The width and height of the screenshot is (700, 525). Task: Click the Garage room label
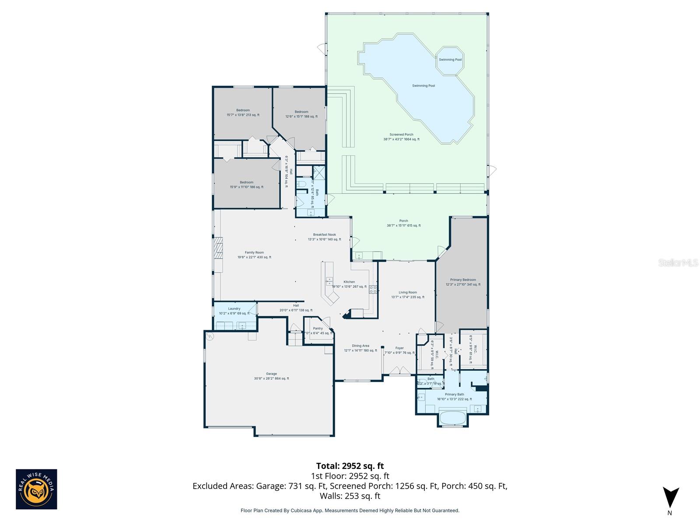(x=271, y=376)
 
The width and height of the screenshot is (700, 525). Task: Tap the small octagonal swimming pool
(x=450, y=60)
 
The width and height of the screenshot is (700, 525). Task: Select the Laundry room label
(x=234, y=311)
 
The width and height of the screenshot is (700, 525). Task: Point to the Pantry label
(x=318, y=330)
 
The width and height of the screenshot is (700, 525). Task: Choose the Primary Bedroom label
(x=463, y=282)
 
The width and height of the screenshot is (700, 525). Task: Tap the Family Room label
(x=254, y=255)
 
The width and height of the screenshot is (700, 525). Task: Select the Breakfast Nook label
(x=324, y=237)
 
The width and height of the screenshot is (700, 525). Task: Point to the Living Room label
(x=408, y=294)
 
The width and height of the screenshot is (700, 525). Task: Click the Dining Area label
(x=360, y=348)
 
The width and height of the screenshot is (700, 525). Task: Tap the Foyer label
(x=399, y=350)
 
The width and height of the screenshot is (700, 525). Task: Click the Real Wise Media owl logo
(x=36, y=489)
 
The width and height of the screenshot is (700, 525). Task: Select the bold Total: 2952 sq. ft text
(x=350, y=465)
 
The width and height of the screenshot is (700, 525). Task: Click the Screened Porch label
(x=402, y=136)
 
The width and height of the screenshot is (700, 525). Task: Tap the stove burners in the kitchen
(x=373, y=289)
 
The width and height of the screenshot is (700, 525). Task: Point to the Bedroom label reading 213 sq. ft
(x=243, y=112)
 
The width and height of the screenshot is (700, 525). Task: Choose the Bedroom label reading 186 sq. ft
(x=246, y=185)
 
